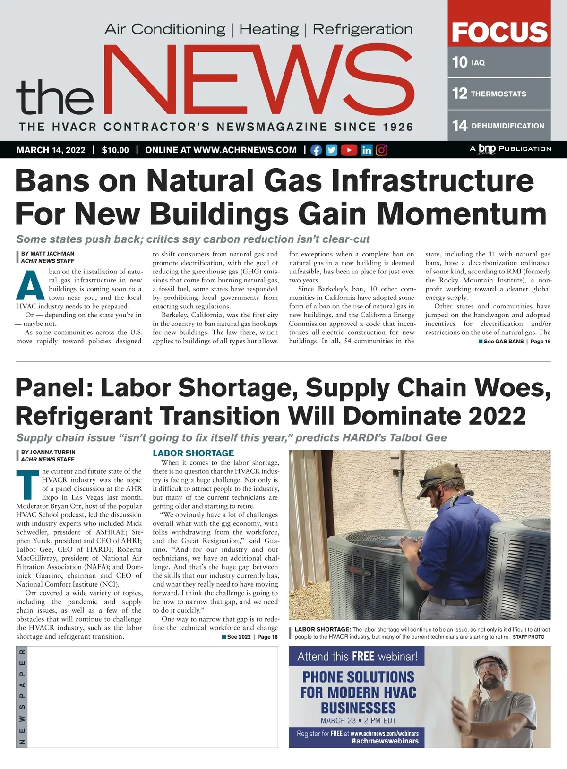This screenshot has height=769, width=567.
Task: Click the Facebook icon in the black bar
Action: point(316,150)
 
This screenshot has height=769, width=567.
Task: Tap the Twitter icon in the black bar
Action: point(332,150)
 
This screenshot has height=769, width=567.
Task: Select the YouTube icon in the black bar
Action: point(349,150)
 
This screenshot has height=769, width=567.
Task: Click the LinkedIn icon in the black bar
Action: point(367,150)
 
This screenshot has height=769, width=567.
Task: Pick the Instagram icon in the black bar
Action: point(382,150)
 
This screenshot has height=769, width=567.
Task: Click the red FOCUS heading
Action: point(499,32)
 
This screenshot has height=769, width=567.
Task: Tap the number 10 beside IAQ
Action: point(459,62)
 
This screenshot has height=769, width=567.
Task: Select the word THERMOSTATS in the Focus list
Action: point(498,94)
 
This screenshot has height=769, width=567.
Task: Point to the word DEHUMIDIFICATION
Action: point(508,126)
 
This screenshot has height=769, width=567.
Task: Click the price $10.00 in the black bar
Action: point(115,150)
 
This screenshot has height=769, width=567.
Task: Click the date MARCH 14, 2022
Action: point(51,150)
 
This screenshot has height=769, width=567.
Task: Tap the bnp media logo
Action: point(487,149)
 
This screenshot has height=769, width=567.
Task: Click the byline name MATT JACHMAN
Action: point(52,254)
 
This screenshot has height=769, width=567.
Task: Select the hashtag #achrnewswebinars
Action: point(385,741)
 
